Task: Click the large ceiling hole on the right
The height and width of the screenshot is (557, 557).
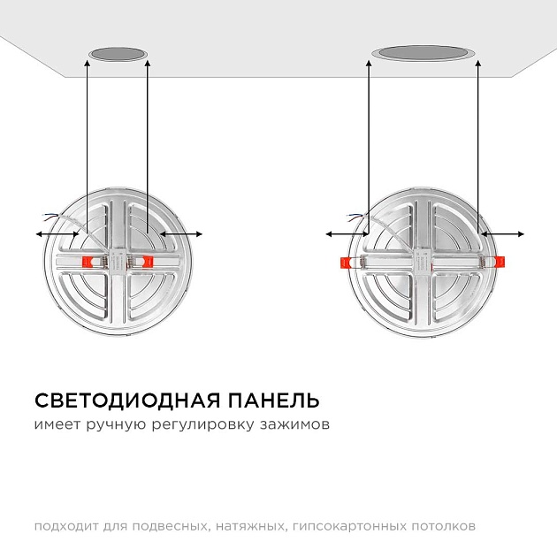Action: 423,54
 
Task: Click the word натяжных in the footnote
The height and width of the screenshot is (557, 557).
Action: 248,527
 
